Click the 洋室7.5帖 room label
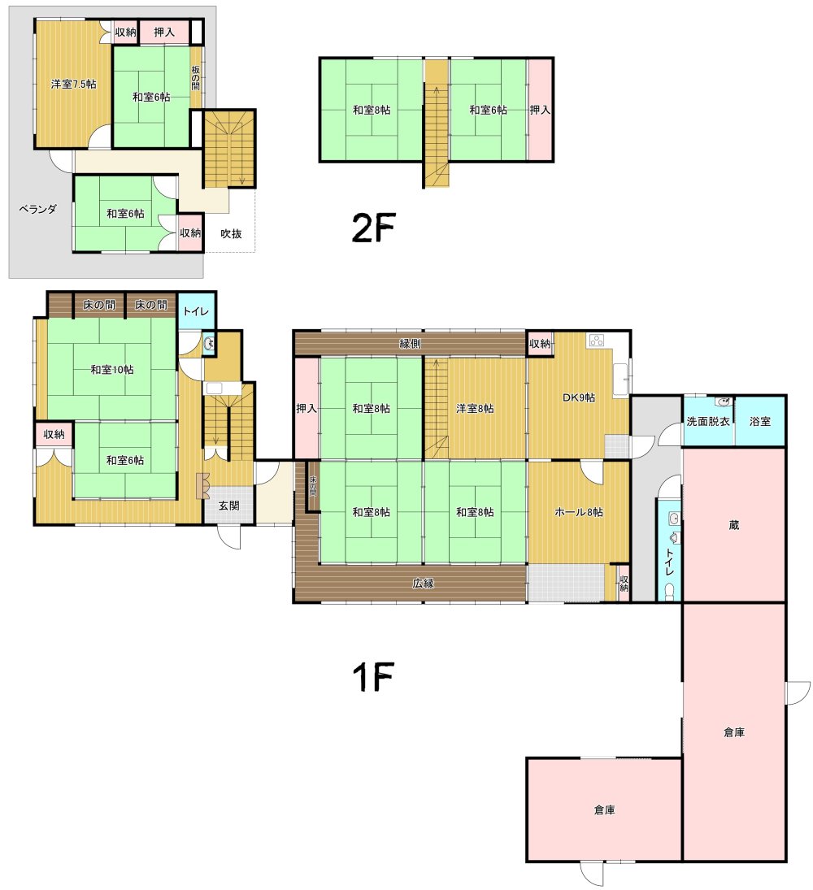point(73,84)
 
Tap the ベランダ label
point(38,209)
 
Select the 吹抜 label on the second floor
point(231,233)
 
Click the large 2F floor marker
point(373,227)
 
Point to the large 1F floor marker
point(373,676)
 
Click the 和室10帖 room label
point(112,370)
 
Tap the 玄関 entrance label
point(228,506)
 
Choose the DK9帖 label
point(579,397)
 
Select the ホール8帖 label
point(579,512)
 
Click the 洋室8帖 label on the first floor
point(475,408)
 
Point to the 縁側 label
point(410,343)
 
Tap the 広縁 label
point(423,583)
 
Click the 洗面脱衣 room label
point(708,421)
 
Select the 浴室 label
point(759,421)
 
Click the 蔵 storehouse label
point(734,525)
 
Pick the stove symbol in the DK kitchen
point(596,341)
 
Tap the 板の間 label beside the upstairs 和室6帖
point(195,77)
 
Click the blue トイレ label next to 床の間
point(196,311)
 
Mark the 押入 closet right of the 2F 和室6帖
point(540,110)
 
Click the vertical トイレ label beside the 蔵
point(670,562)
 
